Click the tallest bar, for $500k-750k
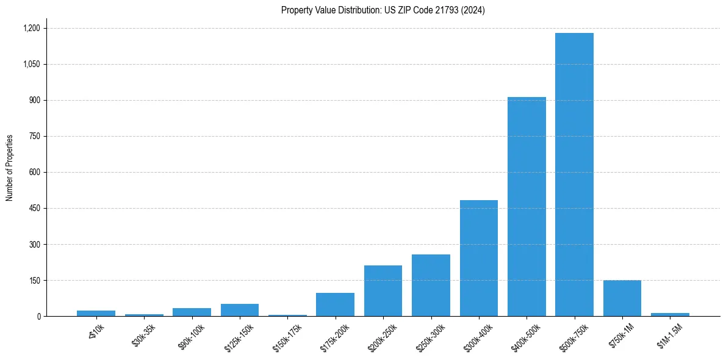(x=574, y=175)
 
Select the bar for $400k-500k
(x=527, y=207)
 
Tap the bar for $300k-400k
(x=479, y=258)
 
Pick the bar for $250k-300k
(x=431, y=286)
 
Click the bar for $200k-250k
(x=383, y=291)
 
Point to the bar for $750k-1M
(x=622, y=298)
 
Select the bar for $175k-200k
(x=335, y=305)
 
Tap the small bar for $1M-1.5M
(x=670, y=314)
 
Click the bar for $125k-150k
(x=240, y=310)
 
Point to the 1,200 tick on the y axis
(x=31, y=28)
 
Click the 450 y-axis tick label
(x=34, y=208)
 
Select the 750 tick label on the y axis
(x=34, y=136)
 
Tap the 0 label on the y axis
(x=38, y=316)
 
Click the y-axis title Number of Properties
(x=10, y=168)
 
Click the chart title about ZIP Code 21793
(x=383, y=10)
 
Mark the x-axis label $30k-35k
(x=143, y=335)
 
